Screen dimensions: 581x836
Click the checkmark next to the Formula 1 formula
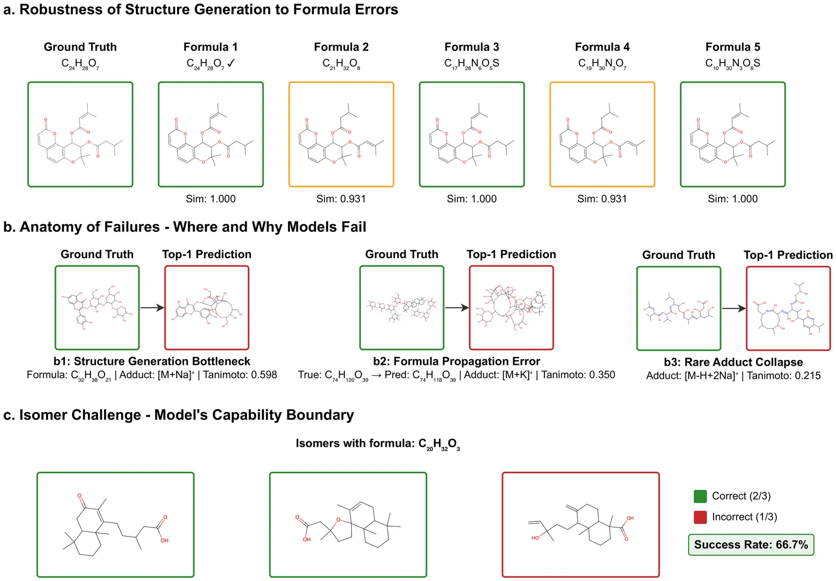231,63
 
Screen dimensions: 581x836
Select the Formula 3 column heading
471,47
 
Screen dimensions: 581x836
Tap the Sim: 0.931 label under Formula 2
341,199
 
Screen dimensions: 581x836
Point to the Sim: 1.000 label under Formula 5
733,199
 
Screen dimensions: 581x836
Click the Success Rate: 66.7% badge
751,544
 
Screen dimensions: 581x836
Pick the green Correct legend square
700,496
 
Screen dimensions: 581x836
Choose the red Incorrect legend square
700,517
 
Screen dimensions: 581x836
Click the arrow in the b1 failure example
152,308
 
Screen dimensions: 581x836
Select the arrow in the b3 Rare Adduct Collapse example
734,308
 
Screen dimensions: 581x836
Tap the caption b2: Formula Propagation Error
456,361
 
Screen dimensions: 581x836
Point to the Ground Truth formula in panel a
80,64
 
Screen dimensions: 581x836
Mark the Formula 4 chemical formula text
602,64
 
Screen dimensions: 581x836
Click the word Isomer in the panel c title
44,415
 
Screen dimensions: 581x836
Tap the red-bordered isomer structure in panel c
580,525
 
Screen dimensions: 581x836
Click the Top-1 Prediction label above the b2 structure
511,254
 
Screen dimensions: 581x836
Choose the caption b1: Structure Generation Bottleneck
152,361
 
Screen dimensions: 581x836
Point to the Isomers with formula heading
377,444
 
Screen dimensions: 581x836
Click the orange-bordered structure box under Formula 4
602,134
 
